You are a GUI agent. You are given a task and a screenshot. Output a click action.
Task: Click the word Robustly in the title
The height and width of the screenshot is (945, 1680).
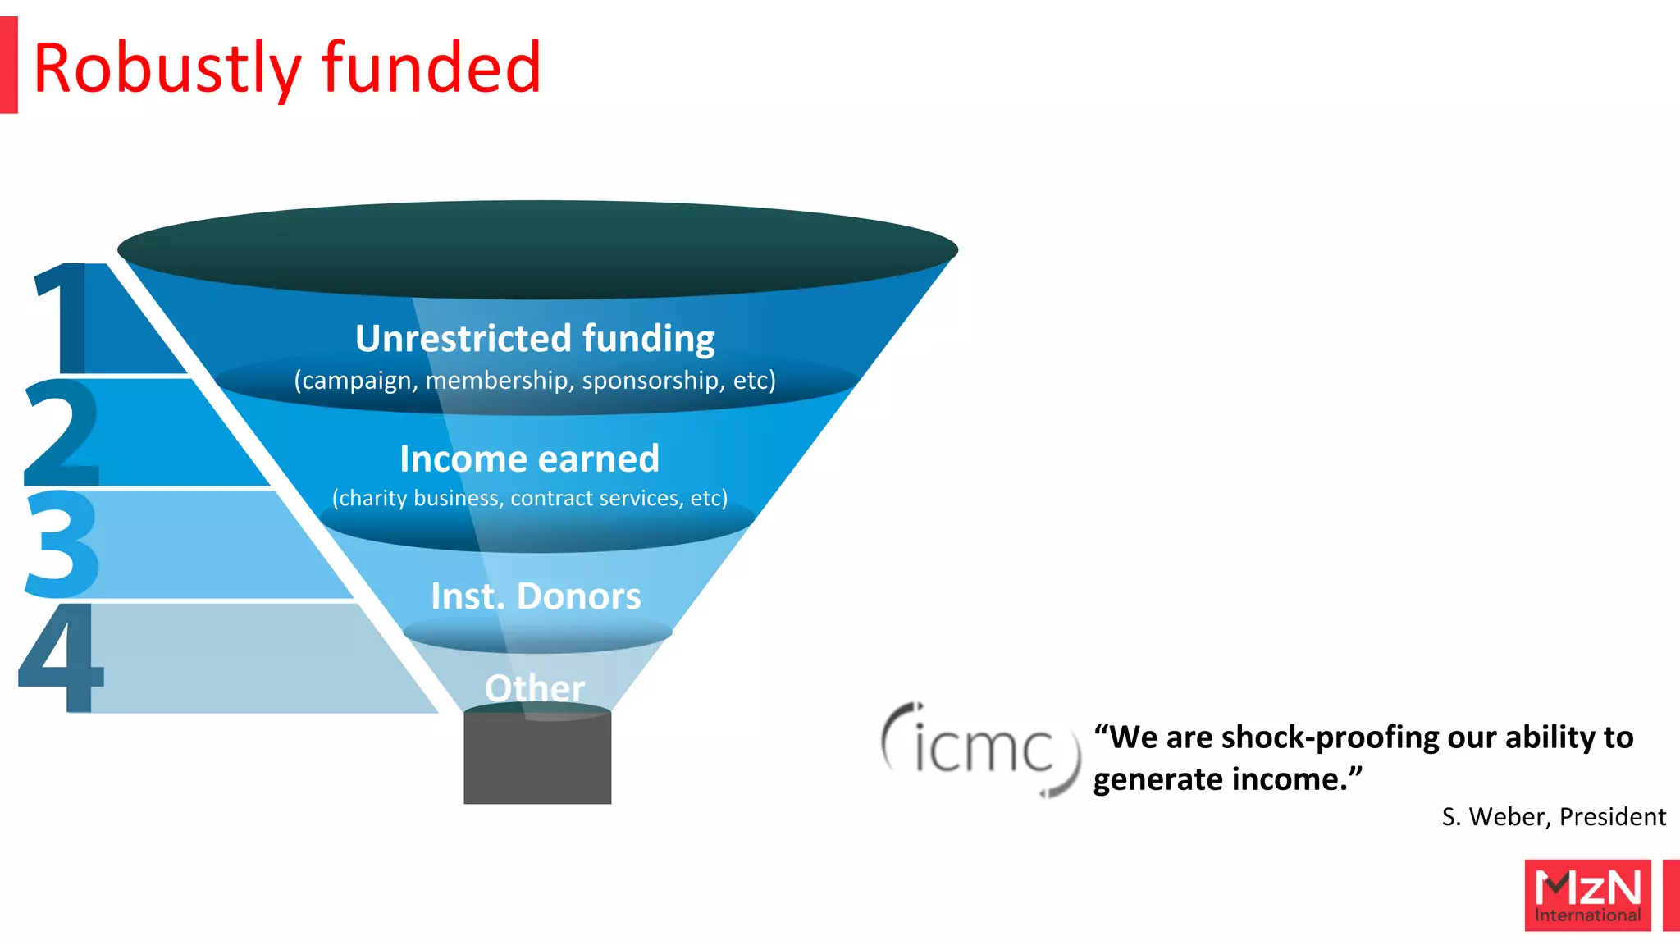pyautogui.click(x=167, y=69)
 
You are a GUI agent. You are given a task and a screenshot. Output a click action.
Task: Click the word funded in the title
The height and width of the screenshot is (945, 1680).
pyautogui.click(x=431, y=67)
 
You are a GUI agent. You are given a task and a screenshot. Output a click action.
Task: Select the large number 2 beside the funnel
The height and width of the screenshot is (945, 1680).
pyautogui.click(x=62, y=432)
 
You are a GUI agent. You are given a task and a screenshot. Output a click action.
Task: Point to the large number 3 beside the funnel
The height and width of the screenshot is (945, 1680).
pyautogui.click(x=62, y=543)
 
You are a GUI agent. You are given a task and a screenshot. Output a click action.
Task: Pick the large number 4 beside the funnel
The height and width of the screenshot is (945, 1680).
pyautogui.click(x=62, y=657)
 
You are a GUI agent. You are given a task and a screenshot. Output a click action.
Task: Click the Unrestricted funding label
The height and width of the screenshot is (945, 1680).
pyautogui.click(x=535, y=338)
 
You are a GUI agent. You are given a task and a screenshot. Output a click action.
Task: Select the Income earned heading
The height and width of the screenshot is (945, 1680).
pyautogui.click(x=529, y=459)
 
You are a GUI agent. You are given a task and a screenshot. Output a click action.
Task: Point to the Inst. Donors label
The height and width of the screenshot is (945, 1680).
pyautogui.click(x=536, y=596)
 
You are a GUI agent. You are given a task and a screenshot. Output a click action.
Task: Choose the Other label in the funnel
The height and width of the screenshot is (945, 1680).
pyautogui.click(x=535, y=687)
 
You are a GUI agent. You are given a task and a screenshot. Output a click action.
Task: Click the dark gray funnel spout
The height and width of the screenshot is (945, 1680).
pyautogui.click(x=537, y=759)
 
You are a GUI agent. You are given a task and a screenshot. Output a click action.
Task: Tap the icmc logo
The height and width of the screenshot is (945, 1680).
pyautogui.click(x=981, y=748)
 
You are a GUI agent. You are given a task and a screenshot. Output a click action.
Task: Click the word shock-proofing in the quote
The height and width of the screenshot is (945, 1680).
pyautogui.click(x=1329, y=737)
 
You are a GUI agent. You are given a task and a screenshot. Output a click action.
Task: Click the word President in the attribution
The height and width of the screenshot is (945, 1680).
pyautogui.click(x=1612, y=817)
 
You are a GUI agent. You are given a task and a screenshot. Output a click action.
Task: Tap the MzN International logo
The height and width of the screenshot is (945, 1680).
pyautogui.click(x=1587, y=895)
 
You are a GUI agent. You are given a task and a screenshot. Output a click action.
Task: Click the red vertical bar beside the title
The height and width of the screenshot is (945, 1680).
pyautogui.click(x=9, y=65)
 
